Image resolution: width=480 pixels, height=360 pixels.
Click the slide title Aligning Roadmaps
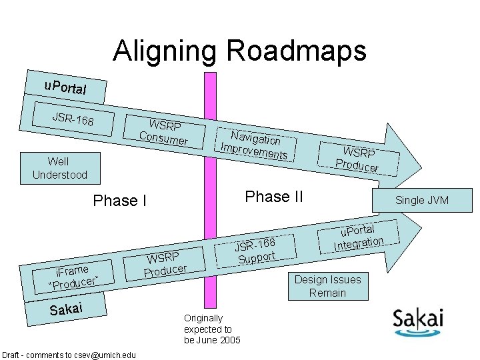tap(239, 51)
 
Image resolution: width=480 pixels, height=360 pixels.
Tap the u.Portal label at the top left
tap(65, 87)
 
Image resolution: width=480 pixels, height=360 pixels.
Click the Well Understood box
tap(59, 167)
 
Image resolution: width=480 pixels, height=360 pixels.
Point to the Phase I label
tap(119, 201)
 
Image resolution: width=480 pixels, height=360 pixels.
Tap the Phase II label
tap(274, 197)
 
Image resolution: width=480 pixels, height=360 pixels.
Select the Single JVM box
tap(422, 200)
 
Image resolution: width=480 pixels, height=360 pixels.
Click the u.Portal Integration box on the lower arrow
tap(359, 238)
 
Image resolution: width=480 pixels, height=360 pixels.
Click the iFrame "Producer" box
tap(73, 277)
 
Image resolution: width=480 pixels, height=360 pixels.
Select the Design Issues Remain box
tap(327, 286)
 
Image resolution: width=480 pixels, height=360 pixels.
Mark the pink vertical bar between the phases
tap(211, 200)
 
